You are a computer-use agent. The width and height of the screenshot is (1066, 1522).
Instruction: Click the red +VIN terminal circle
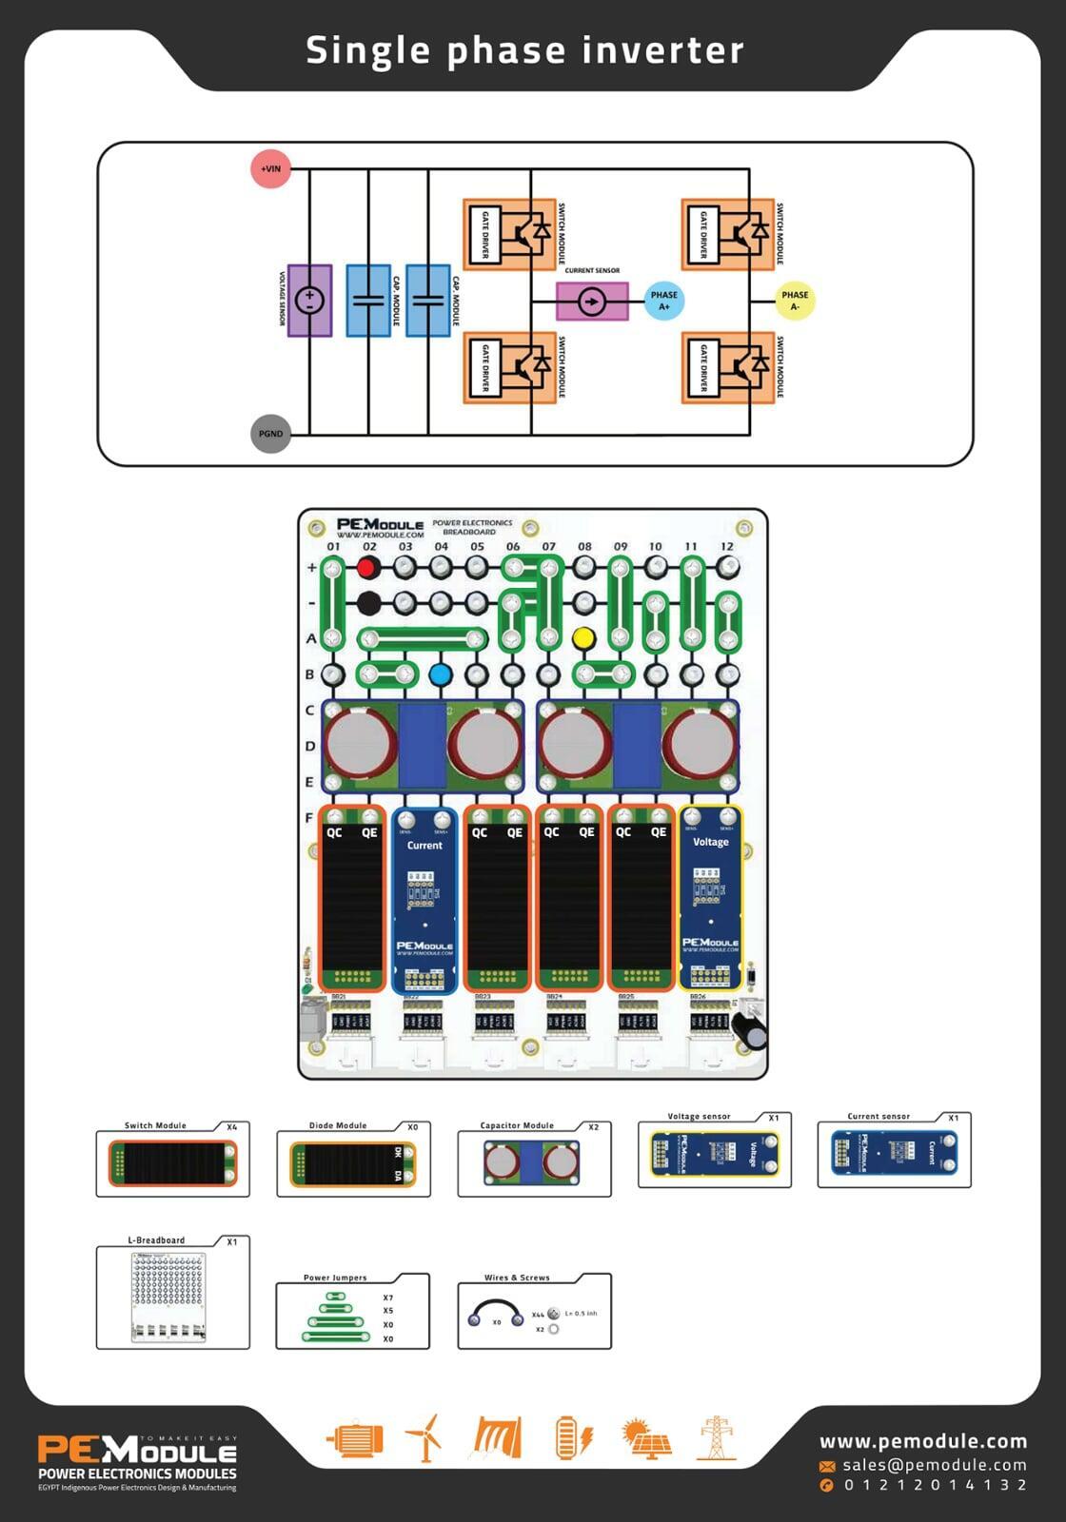[x=270, y=169]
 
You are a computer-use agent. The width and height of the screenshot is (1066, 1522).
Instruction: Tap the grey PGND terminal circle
[x=270, y=434]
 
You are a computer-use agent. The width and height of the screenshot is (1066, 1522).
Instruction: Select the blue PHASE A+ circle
[x=663, y=301]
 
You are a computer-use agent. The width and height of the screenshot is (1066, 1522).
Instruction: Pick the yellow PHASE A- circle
[x=795, y=301]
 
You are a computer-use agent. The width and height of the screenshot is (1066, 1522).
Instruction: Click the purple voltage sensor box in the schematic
[x=309, y=301]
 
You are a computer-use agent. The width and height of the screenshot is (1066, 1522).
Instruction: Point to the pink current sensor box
[x=592, y=302]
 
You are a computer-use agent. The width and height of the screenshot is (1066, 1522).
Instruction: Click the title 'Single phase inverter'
[x=524, y=50]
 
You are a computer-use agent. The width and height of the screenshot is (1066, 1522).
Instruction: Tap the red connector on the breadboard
[x=368, y=568]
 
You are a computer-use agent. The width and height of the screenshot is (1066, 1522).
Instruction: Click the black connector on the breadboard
[x=368, y=603]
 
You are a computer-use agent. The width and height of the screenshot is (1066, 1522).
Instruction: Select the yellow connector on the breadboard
[x=583, y=638]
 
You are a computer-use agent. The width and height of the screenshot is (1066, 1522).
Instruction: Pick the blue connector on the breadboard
[x=440, y=674]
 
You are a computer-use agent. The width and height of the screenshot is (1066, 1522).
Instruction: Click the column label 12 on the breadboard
[x=727, y=547]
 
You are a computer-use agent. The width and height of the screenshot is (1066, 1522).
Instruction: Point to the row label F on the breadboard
[x=309, y=817]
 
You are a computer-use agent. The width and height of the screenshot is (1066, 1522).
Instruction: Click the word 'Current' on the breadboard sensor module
[x=424, y=845]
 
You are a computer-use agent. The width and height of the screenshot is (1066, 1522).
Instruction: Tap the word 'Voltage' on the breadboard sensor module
[x=710, y=842]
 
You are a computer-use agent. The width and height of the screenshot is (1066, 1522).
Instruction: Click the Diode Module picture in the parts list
[x=353, y=1163]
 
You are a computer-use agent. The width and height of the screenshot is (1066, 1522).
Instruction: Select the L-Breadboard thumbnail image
[x=169, y=1298]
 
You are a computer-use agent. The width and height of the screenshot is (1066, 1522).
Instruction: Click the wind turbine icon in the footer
[x=424, y=1437]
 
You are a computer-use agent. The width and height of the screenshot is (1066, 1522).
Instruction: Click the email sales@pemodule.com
[x=935, y=1465]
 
